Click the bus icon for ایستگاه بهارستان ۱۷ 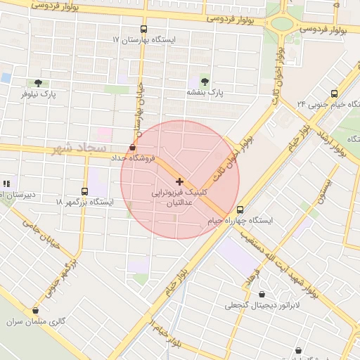point(144,30)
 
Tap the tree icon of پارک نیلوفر point(38,82)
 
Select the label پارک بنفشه point(204,92)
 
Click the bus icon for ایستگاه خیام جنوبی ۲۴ point(333,93)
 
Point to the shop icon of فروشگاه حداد point(133,147)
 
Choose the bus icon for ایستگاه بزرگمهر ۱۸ point(85,191)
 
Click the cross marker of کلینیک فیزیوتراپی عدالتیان point(180,181)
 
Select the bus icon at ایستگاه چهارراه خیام point(240,210)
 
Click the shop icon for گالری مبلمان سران point(35,310)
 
